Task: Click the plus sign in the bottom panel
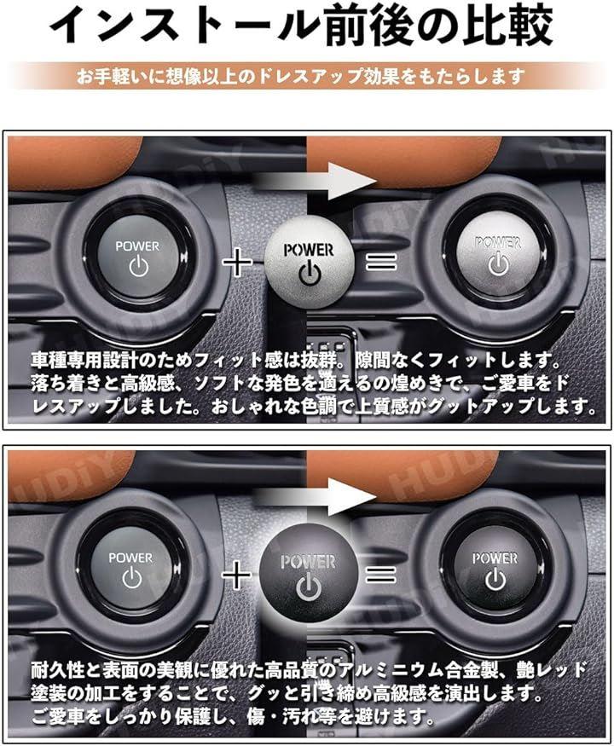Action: [x=236, y=575]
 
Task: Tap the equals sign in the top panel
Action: [x=381, y=261]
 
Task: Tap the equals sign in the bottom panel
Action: [x=381, y=575]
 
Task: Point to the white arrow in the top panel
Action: [x=314, y=182]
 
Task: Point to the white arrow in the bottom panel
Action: [x=314, y=497]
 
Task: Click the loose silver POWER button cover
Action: [x=310, y=262]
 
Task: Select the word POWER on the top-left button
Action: [x=137, y=246]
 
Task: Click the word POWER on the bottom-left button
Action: [x=130, y=558]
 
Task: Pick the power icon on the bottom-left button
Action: [x=132, y=578]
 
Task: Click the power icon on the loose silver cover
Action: [x=310, y=275]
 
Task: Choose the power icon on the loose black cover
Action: [x=309, y=587]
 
